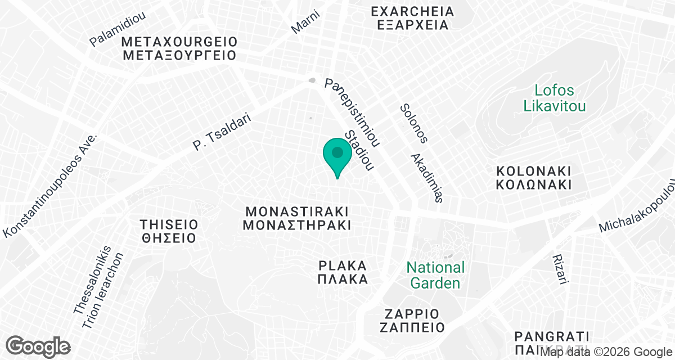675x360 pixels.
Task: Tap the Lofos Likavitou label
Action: pos(555,98)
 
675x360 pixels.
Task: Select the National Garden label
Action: pos(435,275)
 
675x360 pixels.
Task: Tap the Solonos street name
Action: pos(414,123)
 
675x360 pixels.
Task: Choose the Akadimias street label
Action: pos(427,178)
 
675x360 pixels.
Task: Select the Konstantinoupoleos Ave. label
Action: pos(51,185)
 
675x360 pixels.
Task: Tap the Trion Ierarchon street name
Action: pos(103,290)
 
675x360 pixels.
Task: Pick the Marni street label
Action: pos(305,21)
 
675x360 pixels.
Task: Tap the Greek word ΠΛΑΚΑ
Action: pos(343,280)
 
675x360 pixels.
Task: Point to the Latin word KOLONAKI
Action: pos(534,170)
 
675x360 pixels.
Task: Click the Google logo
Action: pos(39,345)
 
